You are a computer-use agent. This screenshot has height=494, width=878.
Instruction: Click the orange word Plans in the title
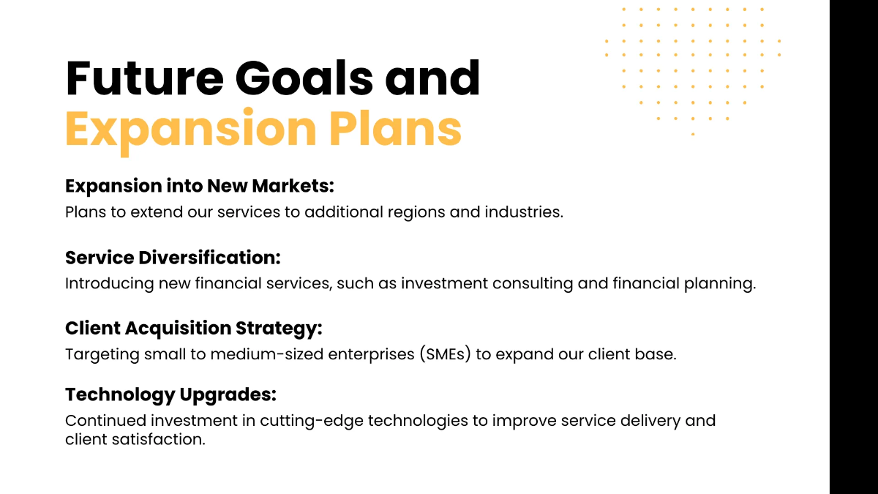(395, 127)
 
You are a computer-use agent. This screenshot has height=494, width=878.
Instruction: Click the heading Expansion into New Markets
(200, 186)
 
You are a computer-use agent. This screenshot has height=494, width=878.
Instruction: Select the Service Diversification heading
(173, 258)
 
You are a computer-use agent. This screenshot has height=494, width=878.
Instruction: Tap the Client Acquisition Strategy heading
(194, 329)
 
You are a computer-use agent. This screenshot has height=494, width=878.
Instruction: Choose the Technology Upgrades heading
(171, 394)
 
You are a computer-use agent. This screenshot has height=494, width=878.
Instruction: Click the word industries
(524, 212)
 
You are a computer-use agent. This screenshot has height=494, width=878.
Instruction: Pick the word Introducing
(109, 284)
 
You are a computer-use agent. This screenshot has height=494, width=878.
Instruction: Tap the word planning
(720, 284)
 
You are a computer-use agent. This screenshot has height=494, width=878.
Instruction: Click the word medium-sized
(267, 354)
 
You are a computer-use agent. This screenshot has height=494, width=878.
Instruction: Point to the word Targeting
(102, 355)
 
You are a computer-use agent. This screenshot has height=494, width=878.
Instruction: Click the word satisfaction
(159, 440)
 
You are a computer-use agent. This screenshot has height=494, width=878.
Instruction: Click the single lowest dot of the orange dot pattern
(693, 134)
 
